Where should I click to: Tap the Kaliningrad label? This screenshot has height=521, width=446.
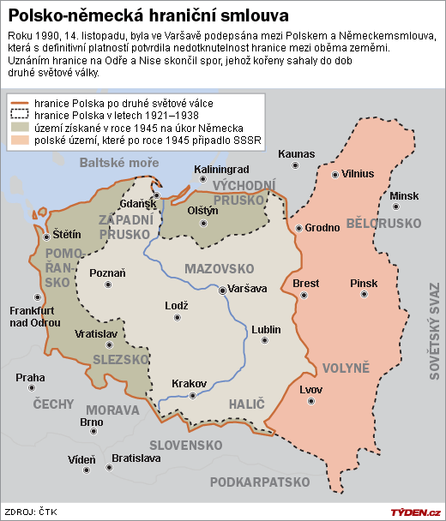pyautogui.click(x=221, y=169)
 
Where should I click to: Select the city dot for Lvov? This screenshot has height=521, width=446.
pyautogui.click(x=306, y=404)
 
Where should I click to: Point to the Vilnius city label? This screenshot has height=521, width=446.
pyautogui.click(x=358, y=173)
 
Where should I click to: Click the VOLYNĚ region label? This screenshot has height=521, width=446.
pyautogui.click(x=346, y=368)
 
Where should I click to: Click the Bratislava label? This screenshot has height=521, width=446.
pyautogui.click(x=136, y=458)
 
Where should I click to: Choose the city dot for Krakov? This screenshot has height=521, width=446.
pyautogui.click(x=193, y=397)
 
